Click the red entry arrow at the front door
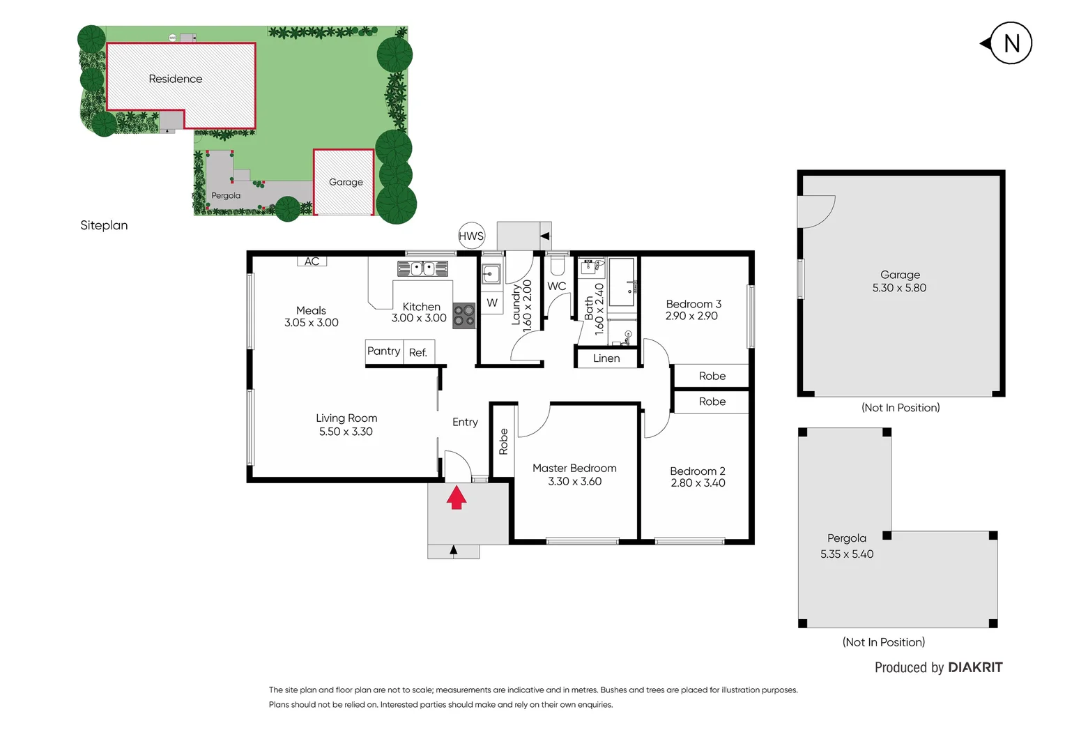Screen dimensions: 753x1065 click(457, 497)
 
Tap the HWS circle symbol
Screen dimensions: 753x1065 click(471, 236)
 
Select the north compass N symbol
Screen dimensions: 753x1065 click(1011, 43)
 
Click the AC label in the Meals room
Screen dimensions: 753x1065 click(312, 261)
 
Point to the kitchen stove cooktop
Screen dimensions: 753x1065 click(464, 316)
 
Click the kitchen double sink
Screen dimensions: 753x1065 click(422, 268)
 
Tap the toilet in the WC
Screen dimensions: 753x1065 click(557, 265)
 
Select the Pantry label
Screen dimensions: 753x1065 click(383, 351)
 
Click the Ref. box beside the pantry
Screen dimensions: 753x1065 click(419, 352)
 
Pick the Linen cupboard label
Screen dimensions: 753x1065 click(606, 358)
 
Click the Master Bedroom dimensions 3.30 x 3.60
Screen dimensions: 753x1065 click(574, 482)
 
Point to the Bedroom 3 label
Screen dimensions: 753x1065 click(694, 304)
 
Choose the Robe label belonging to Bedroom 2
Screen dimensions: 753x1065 click(712, 402)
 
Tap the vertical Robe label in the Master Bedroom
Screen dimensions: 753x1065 click(503, 441)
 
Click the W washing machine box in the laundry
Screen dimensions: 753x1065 click(492, 303)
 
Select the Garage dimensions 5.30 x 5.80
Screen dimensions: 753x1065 click(899, 288)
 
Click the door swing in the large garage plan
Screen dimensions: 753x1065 click(816, 211)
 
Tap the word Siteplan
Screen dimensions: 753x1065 click(104, 225)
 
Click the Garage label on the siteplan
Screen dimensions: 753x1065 click(346, 182)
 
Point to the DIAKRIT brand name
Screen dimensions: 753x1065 click(975, 667)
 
